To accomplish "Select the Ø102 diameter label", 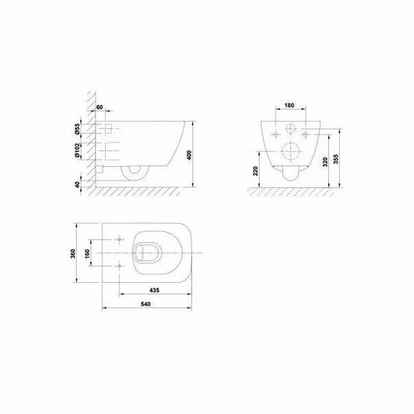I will [x=80, y=151].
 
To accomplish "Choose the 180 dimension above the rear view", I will [x=290, y=107].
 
